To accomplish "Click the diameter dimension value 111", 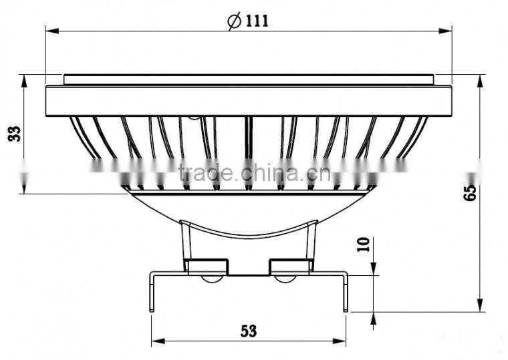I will click(256, 21).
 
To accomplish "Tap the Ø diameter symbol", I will click(235, 21).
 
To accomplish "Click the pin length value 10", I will click(363, 243).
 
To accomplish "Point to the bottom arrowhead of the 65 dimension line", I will click(480, 306).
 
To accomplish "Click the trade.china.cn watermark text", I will click(250, 174).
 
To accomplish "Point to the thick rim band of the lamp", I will click(249, 100).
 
